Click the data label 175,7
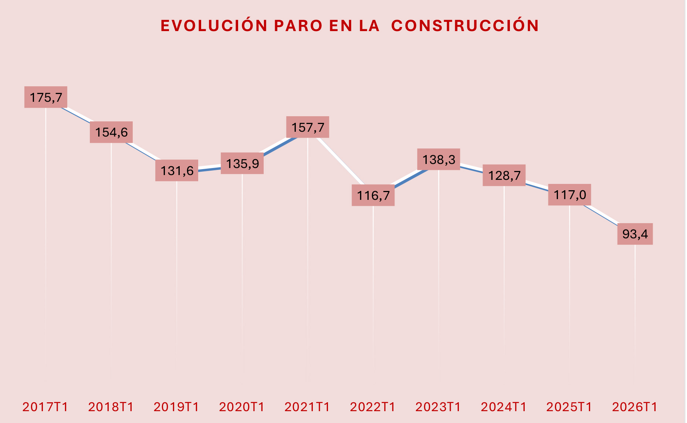(x=46, y=97)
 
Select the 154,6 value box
(x=111, y=132)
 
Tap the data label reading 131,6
(x=177, y=171)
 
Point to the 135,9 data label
(x=242, y=163)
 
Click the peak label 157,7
(x=308, y=127)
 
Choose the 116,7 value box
(x=373, y=195)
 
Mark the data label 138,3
(x=439, y=160)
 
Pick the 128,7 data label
(x=504, y=175)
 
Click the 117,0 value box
(x=569, y=195)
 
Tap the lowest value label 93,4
(x=635, y=234)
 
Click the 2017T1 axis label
(x=45, y=407)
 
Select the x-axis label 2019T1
(x=176, y=407)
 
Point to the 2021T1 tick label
(x=307, y=407)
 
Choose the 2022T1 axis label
(x=373, y=407)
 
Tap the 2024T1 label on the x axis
(x=504, y=407)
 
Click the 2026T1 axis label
(x=635, y=407)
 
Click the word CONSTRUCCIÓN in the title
(x=465, y=26)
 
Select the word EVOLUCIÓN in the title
(x=214, y=26)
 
